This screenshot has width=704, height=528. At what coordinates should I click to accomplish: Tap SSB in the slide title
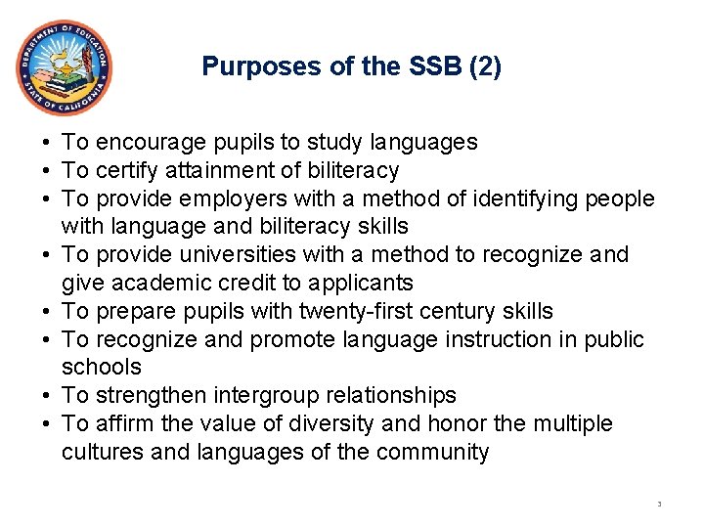[434, 66]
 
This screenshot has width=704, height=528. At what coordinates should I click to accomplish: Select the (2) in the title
[486, 66]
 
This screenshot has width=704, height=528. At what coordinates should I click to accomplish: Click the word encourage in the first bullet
[142, 143]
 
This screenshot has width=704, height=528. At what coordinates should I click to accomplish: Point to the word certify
[129, 171]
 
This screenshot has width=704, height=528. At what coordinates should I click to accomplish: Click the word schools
[102, 368]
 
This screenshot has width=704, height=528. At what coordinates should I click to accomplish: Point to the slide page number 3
[659, 505]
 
